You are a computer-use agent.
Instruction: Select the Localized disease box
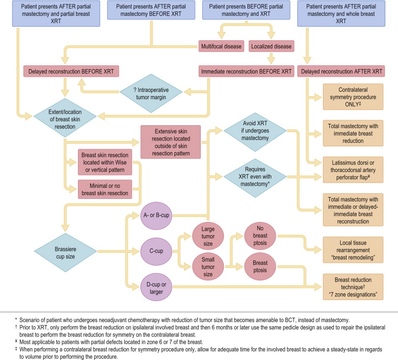270,47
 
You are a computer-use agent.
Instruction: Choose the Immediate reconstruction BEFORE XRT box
245,72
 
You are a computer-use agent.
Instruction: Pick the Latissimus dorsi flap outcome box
352,167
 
